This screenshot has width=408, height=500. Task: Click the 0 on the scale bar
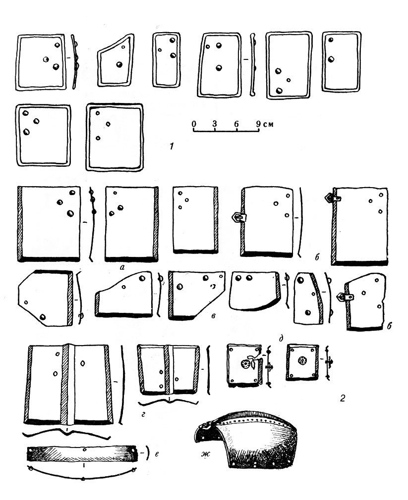(194, 123)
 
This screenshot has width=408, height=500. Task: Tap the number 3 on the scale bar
(215, 123)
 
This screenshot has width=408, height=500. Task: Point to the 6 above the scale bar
(236, 123)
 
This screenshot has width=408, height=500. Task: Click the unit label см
(268, 124)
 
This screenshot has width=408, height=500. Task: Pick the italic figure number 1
(172, 147)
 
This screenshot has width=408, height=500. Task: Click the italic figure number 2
(342, 398)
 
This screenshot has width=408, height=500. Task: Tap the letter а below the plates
(122, 268)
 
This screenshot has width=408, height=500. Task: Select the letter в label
(214, 316)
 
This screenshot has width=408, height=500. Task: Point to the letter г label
(143, 414)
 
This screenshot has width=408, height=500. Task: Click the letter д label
(281, 338)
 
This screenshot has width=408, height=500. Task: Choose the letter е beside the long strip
(157, 453)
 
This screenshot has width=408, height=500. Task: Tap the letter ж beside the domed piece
(205, 453)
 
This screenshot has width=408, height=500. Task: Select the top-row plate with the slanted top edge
(116, 60)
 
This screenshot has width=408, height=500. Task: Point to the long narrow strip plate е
(81, 453)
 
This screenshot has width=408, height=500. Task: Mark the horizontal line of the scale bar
(227, 131)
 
